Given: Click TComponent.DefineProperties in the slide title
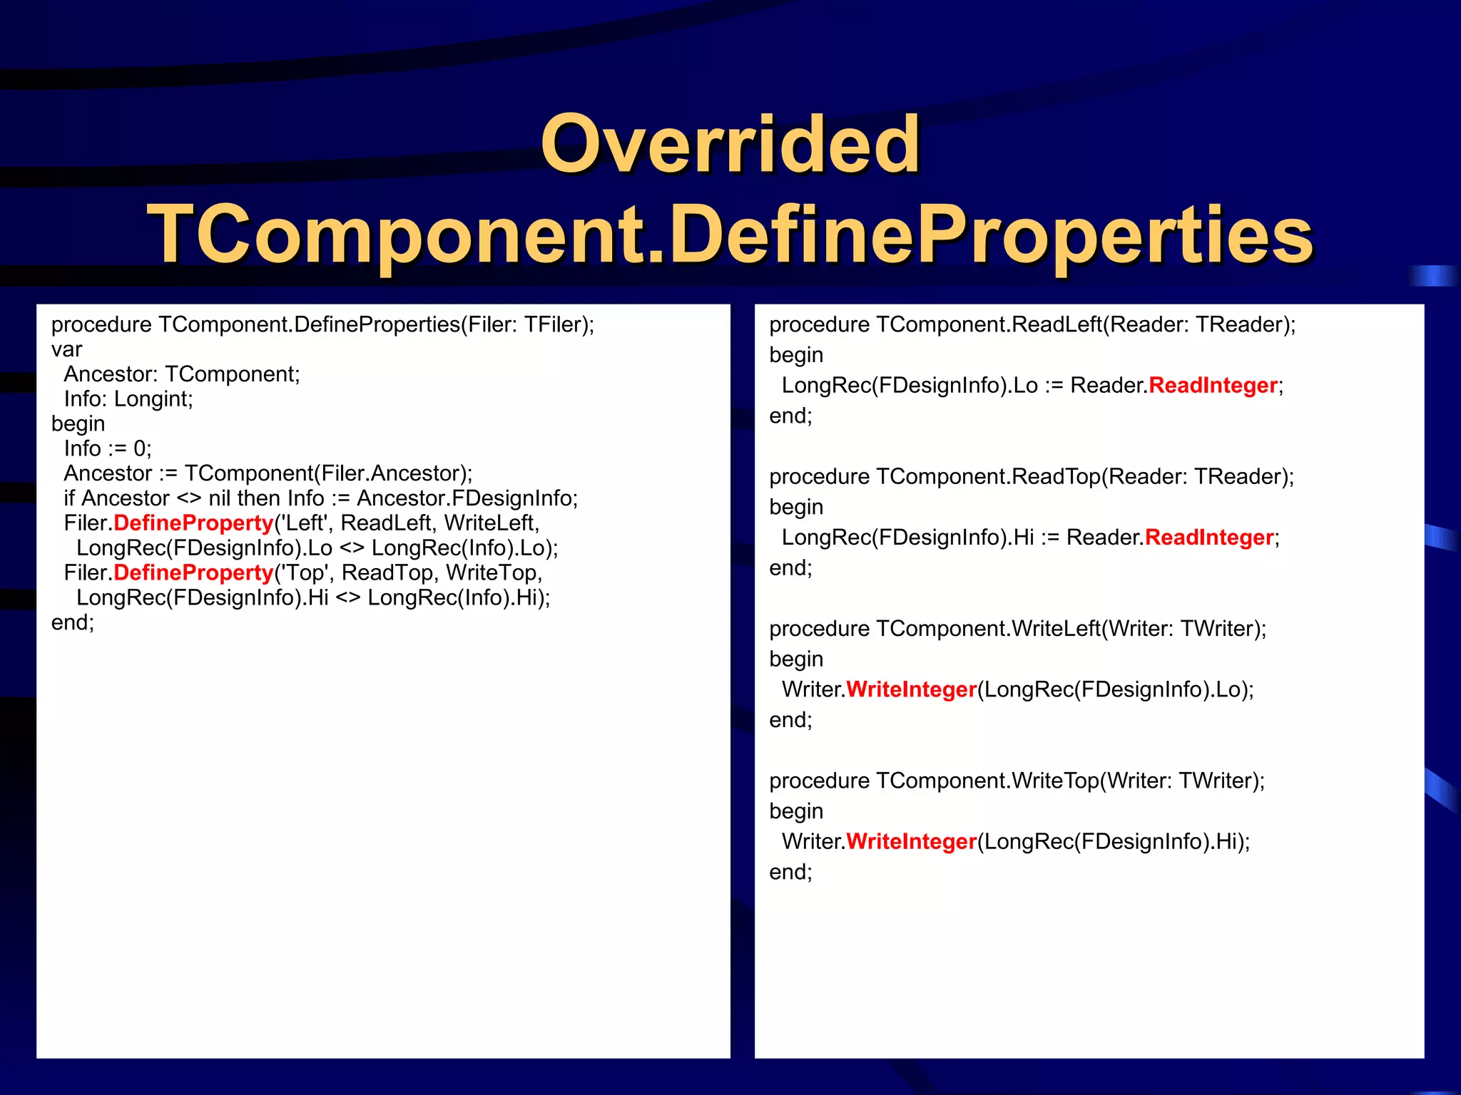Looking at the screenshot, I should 730,235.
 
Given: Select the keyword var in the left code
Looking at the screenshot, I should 66,349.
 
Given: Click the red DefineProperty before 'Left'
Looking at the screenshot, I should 193,523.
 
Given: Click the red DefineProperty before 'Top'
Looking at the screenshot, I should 193,572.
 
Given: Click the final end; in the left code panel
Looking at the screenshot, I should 72,622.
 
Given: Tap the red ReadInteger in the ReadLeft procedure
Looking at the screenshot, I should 1213,385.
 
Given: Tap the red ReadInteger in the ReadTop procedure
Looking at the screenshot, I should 1209,537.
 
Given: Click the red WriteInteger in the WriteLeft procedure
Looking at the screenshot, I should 911,689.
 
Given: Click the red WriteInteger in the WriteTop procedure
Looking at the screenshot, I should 911,841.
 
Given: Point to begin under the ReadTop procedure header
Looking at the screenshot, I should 796,507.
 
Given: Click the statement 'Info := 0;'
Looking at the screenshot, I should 108,448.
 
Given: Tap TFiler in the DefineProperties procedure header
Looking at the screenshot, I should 554,324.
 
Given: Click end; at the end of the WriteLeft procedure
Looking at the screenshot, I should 790,720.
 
